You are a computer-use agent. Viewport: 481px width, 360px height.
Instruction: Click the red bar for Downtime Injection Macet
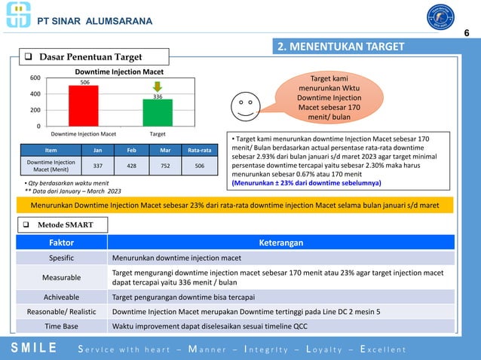tap(83, 105)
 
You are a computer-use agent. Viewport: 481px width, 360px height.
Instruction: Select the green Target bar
tap(158, 112)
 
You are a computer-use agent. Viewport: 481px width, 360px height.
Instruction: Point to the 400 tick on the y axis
tap(35, 94)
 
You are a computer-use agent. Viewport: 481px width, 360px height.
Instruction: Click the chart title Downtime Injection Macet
tap(119, 71)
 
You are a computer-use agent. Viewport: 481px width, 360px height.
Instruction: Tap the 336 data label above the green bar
tap(158, 96)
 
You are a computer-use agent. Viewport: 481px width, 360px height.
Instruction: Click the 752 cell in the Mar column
tap(163, 166)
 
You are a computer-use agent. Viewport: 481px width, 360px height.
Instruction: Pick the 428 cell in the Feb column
tap(130, 166)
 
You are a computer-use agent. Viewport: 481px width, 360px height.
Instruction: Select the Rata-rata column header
tap(198, 150)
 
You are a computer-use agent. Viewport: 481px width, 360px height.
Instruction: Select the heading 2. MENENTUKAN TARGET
tap(340, 47)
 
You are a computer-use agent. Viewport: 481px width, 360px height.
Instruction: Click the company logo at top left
tap(18, 15)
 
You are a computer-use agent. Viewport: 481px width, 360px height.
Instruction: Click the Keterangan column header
tap(280, 243)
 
